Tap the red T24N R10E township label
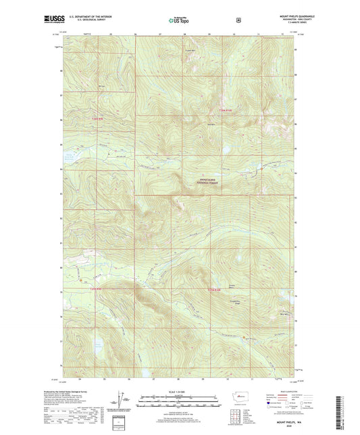(213, 290)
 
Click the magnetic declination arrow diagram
(124, 400)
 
